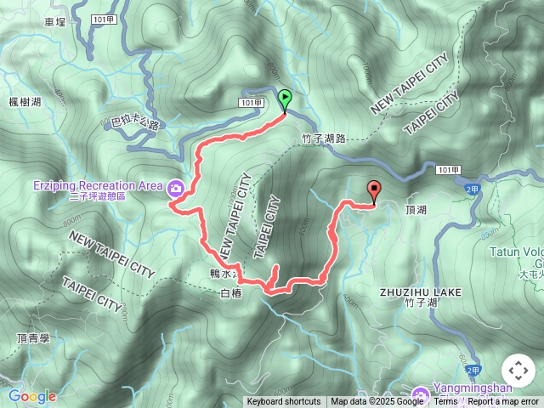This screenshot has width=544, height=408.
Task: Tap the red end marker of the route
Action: click(373, 191)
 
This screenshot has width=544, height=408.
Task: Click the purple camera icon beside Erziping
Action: click(176, 187)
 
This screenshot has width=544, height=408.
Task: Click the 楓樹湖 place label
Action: click(25, 102)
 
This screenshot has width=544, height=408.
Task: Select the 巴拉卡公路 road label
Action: click(135, 124)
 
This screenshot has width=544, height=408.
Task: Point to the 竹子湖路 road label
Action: click(324, 138)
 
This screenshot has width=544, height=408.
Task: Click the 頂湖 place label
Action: click(416, 209)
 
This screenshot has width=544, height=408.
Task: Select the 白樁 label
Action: click(231, 293)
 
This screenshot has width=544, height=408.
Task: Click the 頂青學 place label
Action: click(34, 337)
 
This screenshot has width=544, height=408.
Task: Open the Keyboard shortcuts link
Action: click(284, 402)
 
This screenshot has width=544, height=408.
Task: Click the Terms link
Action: click(445, 402)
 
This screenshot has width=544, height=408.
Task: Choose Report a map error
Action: click(503, 402)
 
